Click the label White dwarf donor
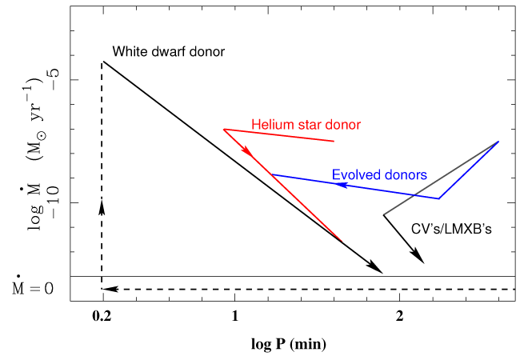click(x=168, y=51)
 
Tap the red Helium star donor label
click(x=306, y=125)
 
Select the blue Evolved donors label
click(x=379, y=174)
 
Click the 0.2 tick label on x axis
click(x=102, y=316)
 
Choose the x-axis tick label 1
click(x=234, y=316)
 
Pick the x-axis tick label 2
click(x=399, y=316)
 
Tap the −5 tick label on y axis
click(x=50, y=80)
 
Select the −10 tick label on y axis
click(x=50, y=202)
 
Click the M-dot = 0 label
click(x=32, y=286)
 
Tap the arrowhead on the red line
click(x=248, y=150)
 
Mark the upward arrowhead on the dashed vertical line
click(x=102, y=206)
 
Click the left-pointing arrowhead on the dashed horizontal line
click(x=111, y=288)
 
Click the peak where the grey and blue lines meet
click(x=498, y=142)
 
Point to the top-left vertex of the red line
click(x=223, y=129)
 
